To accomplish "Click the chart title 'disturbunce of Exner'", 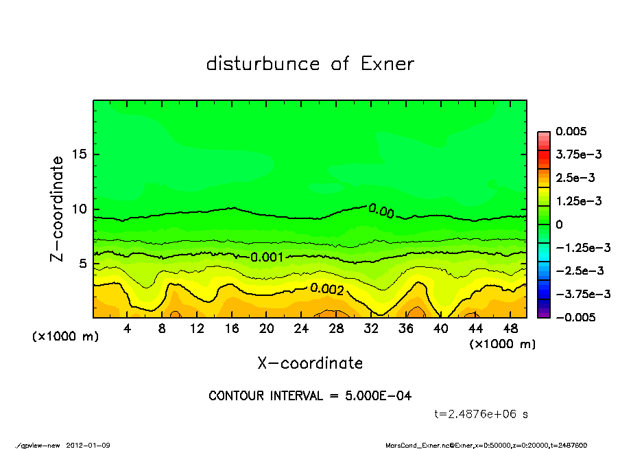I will tap(310, 64).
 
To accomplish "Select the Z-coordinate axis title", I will tap(58, 209).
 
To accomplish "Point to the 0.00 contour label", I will tap(381, 211).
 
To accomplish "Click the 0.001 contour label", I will tap(267, 257).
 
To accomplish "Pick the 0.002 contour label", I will tap(326, 289).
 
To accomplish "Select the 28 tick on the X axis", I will tap(336, 329).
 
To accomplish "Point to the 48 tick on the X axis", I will tap(510, 329).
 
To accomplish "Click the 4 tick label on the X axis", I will tap(128, 329).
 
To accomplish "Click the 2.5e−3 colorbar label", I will tap(575, 178).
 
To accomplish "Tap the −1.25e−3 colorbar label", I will tap(580, 248).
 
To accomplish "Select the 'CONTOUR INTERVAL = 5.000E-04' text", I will tap(310, 396).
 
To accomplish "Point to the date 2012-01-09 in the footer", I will tap(88, 445).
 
